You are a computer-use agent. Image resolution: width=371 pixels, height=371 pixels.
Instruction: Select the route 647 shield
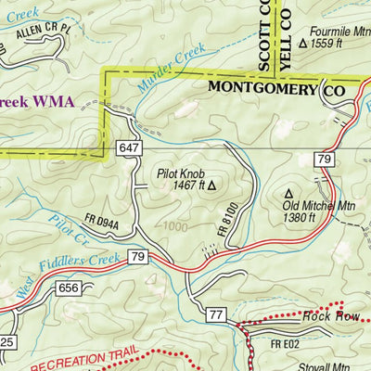tap(128, 147)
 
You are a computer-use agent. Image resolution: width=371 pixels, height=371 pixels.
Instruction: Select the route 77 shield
tap(216, 316)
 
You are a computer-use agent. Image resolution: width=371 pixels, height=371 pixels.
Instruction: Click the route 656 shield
tap(67, 288)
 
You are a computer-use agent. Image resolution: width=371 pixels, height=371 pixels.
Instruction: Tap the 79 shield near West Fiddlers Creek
tap(137, 255)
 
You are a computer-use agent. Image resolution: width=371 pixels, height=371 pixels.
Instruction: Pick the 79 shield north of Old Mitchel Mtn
tap(323, 161)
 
